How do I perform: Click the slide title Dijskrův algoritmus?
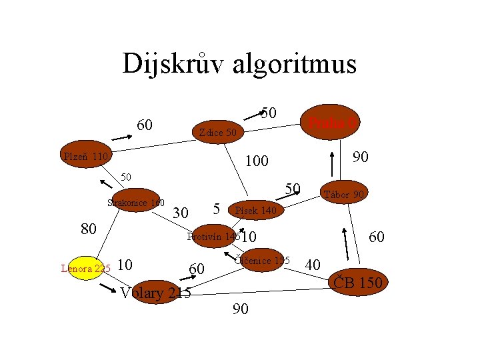[x=239, y=64]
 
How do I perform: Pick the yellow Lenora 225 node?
[x=85, y=269]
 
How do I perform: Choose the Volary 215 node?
[x=155, y=293]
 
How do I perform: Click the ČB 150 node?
[x=357, y=283]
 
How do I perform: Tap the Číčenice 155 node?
[x=262, y=261]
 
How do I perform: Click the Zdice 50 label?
[x=218, y=133]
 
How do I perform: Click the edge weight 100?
[x=256, y=161]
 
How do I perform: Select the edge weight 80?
[x=88, y=229]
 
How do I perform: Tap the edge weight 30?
[x=180, y=213]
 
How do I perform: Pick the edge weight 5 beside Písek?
[x=217, y=208]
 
